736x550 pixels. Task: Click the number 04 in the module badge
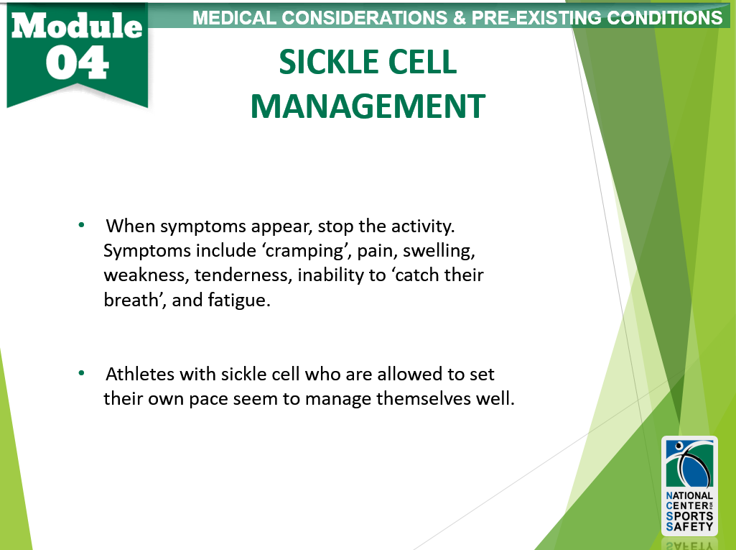coord(78,63)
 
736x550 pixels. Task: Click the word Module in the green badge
coord(77,25)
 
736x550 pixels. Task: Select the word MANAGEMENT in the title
coord(368,106)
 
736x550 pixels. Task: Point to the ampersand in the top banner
coord(460,18)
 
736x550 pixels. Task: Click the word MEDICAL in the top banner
coord(234,18)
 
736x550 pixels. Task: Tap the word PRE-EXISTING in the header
coord(536,18)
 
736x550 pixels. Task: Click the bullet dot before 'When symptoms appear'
coord(82,225)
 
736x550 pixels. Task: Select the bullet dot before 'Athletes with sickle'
coord(82,373)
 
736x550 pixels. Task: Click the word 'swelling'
coord(439,250)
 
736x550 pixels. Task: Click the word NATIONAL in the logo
coord(689,495)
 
